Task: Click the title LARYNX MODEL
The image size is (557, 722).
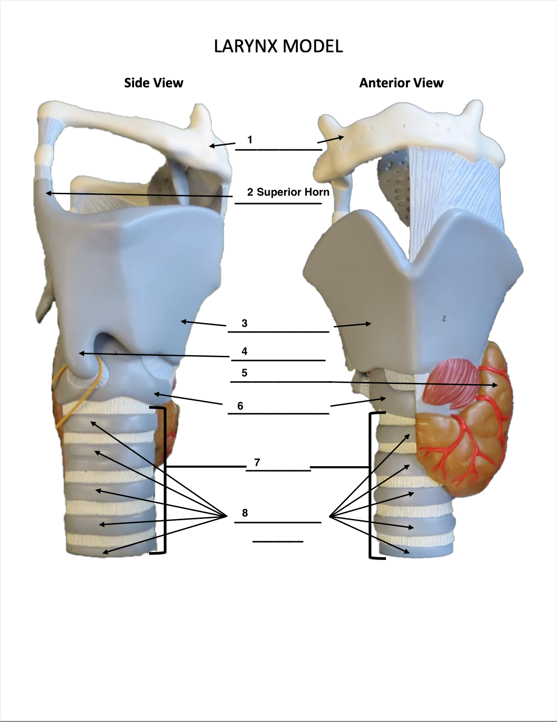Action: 278,46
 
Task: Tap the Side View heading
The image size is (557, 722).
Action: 153,83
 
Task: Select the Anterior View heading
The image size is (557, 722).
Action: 401,83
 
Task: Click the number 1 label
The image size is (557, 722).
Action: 250,140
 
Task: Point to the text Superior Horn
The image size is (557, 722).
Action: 293,192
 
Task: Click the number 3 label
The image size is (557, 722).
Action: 244,323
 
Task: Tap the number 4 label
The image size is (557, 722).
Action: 244,351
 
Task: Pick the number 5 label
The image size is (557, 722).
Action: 244,373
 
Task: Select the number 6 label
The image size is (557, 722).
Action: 240,406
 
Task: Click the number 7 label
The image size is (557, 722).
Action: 257,462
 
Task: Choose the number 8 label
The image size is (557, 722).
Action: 245,513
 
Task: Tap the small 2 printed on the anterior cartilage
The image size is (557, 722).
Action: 444,319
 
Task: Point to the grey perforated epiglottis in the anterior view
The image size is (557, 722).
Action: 395,187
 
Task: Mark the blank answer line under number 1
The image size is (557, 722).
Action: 278,150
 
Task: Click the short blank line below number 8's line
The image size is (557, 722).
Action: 278,542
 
